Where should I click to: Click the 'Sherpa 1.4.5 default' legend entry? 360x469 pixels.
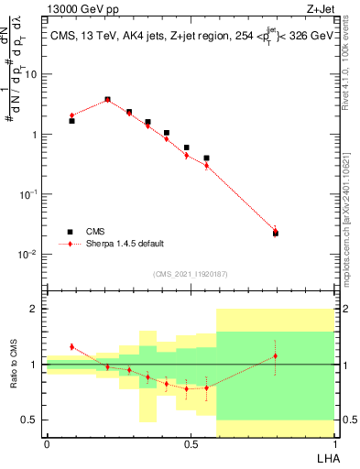click(x=112, y=244)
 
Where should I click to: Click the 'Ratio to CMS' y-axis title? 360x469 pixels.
click(x=13, y=365)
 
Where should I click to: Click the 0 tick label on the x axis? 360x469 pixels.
click(x=47, y=444)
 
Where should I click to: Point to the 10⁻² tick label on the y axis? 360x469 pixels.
click(x=29, y=254)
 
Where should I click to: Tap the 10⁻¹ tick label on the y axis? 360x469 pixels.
click(x=29, y=194)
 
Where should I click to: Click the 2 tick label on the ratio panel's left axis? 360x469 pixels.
click(x=36, y=309)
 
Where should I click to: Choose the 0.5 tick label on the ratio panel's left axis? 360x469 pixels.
click(x=31, y=420)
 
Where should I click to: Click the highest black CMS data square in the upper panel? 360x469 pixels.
click(x=107, y=99)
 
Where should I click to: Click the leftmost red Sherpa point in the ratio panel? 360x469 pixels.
click(x=71, y=346)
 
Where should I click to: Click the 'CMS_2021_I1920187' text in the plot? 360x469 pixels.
click(x=190, y=274)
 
